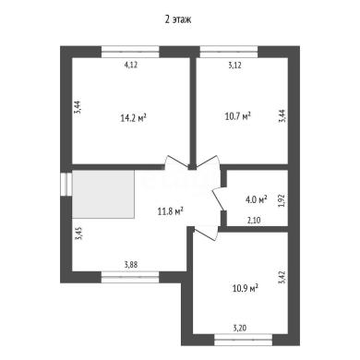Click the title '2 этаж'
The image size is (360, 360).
178,19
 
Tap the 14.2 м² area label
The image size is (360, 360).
133,118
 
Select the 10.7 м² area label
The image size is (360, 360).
238,116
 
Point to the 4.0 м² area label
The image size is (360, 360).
256,199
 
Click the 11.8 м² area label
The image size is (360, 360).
171,211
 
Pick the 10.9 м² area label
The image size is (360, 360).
245,289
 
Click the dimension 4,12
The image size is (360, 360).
131,65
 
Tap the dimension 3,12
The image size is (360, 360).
235,66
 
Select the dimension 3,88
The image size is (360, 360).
131,265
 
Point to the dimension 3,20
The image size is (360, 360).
240,329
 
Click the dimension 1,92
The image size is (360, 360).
282,200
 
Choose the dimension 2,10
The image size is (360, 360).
254,221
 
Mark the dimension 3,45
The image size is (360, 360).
78,234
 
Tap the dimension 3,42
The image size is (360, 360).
282,277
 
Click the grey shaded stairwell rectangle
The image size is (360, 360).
103,195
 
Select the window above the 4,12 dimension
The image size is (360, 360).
130,52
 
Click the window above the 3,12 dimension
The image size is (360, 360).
229,52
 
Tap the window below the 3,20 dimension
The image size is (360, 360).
243,340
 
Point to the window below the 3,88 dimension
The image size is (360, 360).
130,277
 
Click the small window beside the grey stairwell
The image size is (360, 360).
66,185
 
